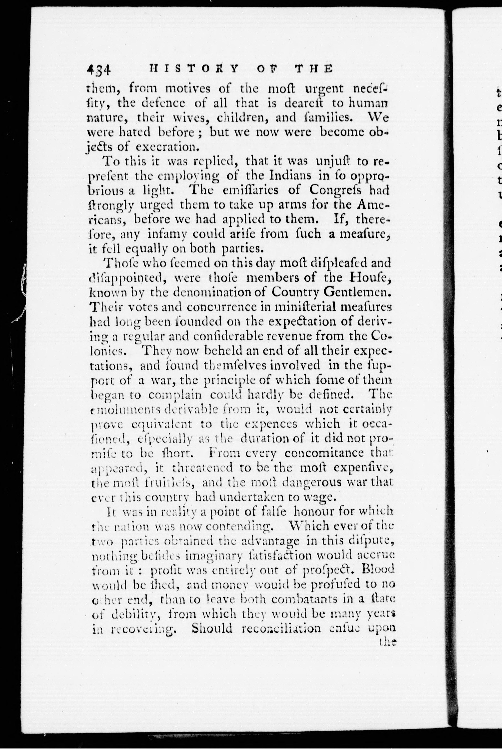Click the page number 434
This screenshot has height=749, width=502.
click(99, 70)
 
